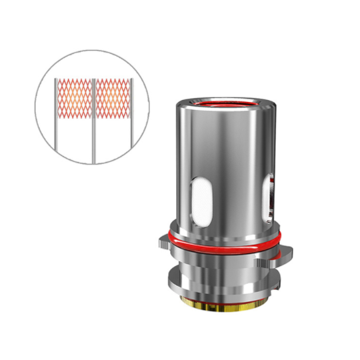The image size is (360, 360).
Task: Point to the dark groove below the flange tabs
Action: click(x=221, y=263)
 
